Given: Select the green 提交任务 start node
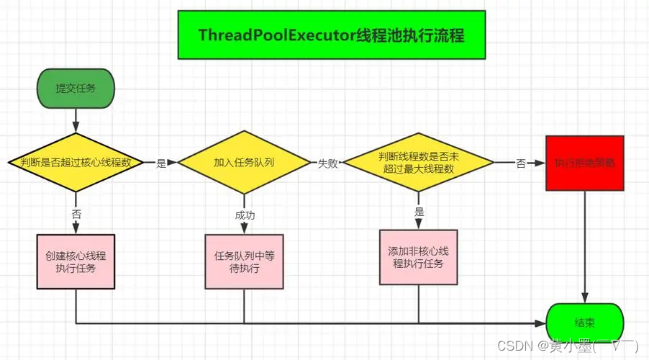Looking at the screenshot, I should (x=76, y=89).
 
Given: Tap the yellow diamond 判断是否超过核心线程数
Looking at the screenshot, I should (x=75, y=162).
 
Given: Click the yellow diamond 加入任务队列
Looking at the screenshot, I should (x=244, y=162).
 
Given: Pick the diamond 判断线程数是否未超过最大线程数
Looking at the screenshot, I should (x=418, y=162).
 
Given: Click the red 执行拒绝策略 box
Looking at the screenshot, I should (x=584, y=163).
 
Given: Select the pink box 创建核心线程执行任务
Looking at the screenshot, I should (x=76, y=261).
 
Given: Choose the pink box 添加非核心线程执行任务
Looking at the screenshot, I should (x=418, y=257).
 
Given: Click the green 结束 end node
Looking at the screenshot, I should (x=585, y=323).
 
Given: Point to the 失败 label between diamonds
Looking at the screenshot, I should (x=328, y=163).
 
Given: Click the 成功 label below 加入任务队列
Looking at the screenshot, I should (x=244, y=215).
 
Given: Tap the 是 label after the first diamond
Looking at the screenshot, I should (x=160, y=163).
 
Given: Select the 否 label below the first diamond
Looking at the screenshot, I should (x=76, y=214).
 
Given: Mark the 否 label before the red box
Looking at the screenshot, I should (x=520, y=163).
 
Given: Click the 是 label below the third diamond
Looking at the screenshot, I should (x=419, y=212).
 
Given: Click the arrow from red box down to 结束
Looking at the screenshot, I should (x=584, y=245).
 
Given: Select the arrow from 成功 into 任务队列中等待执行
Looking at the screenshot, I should (x=244, y=228).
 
